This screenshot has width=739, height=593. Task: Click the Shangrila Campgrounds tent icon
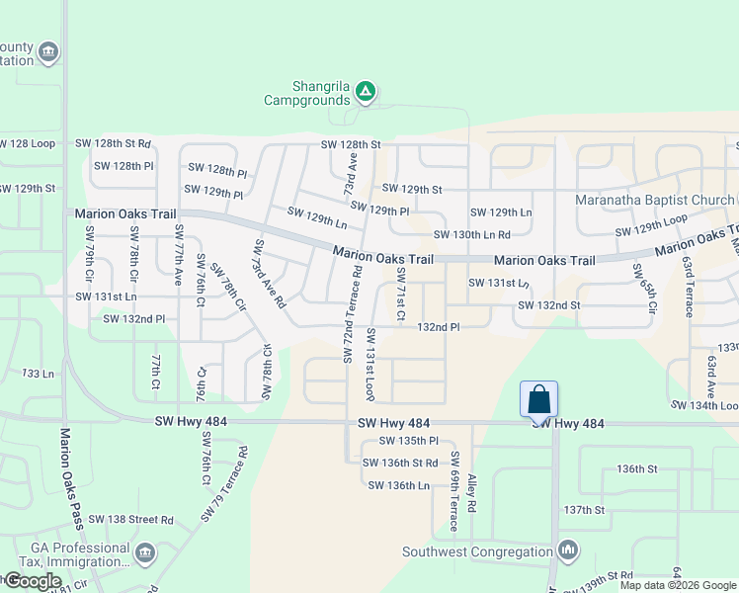pos(366,92)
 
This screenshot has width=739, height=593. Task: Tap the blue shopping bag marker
pos(538,400)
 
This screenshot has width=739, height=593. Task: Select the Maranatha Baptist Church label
pos(655,201)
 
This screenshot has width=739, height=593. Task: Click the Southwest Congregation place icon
pos(568,550)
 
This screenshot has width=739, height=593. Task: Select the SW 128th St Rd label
pos(114,144)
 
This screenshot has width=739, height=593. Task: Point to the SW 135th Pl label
pos(400,441)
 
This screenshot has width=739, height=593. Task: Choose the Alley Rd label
pos(473,492)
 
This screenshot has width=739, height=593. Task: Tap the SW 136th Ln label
pos(399,485)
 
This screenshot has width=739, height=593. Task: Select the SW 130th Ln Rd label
pos(472,235)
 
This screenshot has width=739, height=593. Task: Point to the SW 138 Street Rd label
pos(130,519)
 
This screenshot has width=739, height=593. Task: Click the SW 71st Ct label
pos(401,295)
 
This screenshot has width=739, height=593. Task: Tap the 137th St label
pos(584,510)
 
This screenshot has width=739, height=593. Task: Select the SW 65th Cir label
pos(645,289)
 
